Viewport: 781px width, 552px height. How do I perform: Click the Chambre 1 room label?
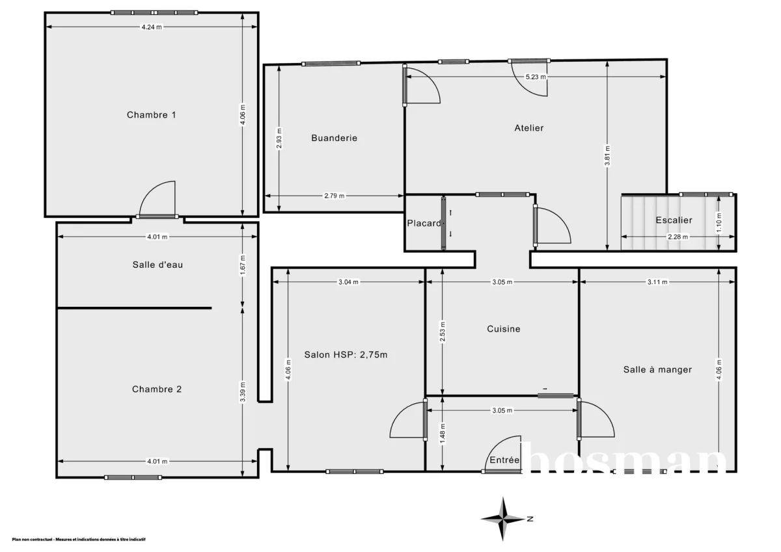point(151,115)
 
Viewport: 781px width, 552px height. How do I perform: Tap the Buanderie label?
point(334,138)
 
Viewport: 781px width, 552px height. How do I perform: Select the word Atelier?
point(528,128)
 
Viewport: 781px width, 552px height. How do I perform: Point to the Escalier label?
point(674,220)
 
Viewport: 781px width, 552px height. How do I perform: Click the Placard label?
point(424,223)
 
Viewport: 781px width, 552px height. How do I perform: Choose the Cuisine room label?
point(504,329)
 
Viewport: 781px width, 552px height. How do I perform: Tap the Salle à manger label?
point(657,369)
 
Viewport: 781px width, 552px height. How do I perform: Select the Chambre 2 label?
point(157,389)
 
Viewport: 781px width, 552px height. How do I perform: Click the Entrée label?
point(504,460)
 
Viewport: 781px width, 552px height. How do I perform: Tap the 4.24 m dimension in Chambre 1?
point(152,27)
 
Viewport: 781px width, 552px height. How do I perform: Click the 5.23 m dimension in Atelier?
point(536,77)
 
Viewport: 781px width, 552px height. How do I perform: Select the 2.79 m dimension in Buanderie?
point(334,196)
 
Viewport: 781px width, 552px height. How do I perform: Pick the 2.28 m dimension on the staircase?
point(678,237)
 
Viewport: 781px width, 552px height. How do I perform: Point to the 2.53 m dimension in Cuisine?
point(442,332)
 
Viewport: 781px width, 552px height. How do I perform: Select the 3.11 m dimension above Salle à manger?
point(657,282)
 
